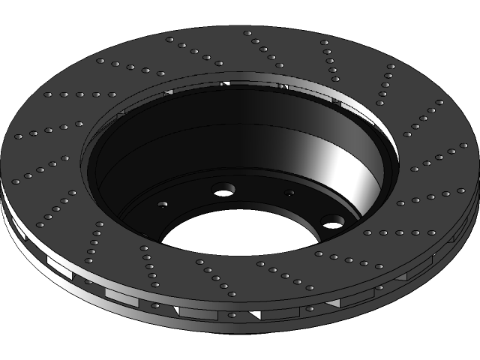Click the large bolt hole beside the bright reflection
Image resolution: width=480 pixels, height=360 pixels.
(x=332, y=221)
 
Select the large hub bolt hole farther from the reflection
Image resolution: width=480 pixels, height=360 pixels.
(x=221, y=190)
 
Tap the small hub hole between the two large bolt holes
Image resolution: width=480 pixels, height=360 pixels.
(x=289, y=193)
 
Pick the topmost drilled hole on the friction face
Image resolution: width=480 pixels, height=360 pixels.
(x=247, y=33)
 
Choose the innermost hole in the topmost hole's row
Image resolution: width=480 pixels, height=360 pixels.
(x=279, y=65)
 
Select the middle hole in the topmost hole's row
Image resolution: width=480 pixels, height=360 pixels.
(x=263, y=49)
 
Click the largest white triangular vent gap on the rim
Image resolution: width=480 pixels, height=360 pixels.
(x=256, y=314)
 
